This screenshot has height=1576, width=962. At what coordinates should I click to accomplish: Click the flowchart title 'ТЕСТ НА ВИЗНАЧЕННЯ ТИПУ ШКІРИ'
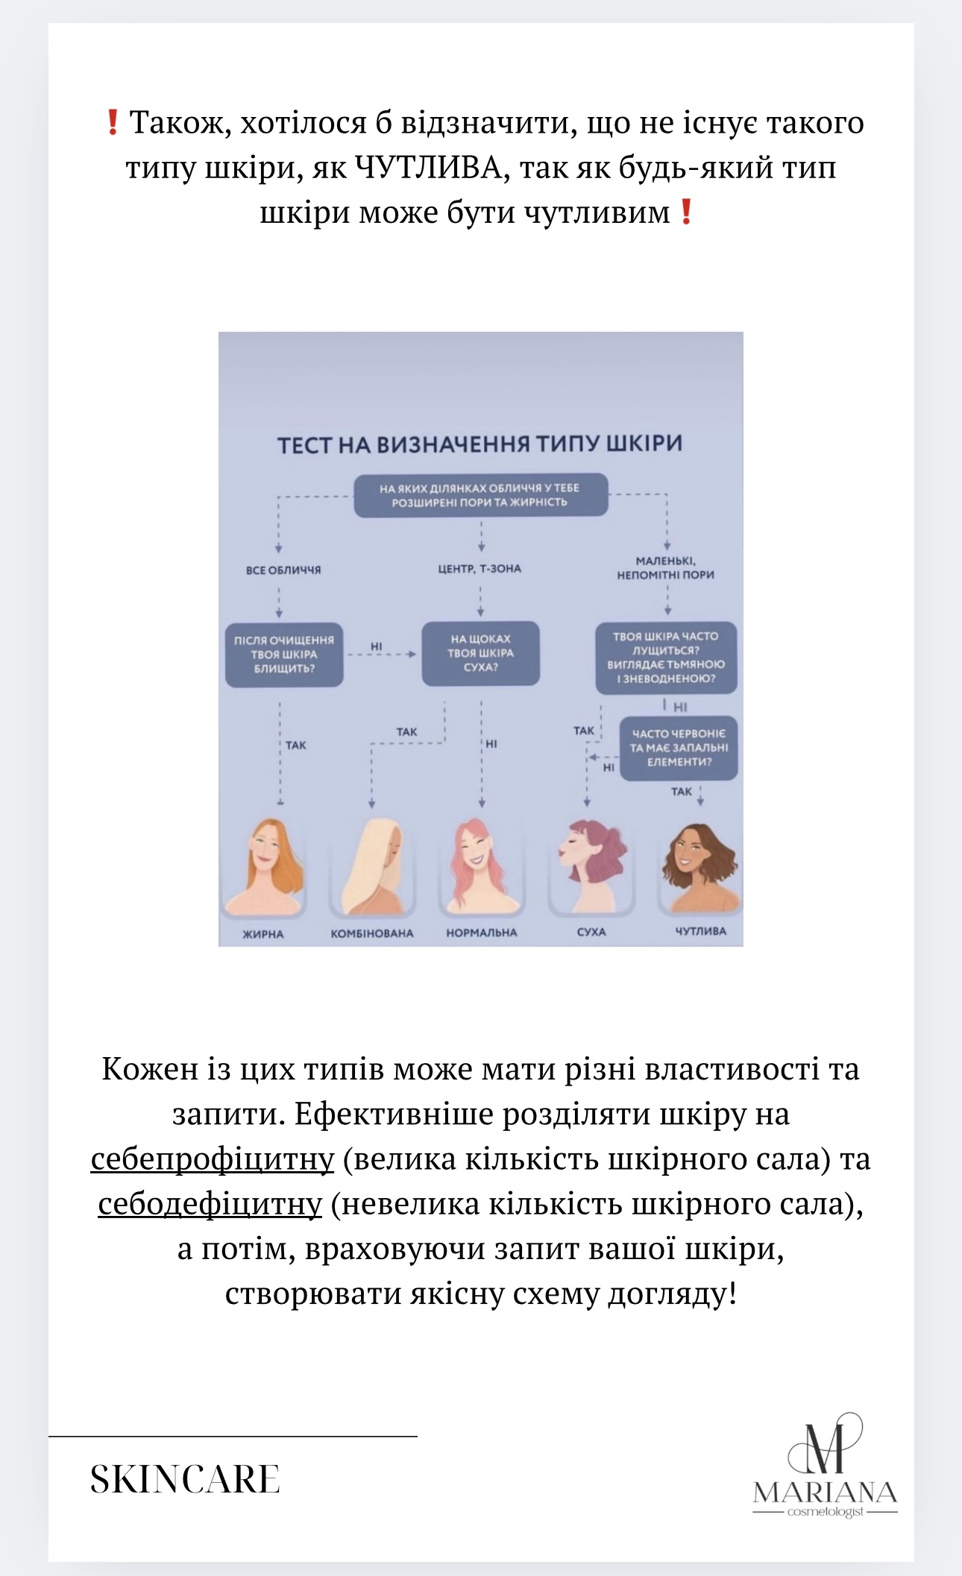[480, 444]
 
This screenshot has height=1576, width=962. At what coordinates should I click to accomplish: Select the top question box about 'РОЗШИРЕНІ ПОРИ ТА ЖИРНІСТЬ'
[480, 495]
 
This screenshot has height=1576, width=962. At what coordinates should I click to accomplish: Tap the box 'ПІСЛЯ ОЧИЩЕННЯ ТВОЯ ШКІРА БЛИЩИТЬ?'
[284, 655]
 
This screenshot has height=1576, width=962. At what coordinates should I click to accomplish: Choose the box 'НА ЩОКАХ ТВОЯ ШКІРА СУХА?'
[480, 653]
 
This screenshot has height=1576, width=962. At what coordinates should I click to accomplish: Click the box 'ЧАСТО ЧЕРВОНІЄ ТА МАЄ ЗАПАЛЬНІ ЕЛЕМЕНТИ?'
[679, 748]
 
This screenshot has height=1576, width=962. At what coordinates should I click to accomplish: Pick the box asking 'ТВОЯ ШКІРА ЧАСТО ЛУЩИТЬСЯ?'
[666, 657]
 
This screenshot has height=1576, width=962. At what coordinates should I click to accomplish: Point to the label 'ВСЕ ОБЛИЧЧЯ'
[283, 570]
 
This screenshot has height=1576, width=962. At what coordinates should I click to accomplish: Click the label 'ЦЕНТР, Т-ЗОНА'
[480, 569]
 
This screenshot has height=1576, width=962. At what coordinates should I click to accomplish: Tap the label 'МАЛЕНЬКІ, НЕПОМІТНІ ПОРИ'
[665, 568]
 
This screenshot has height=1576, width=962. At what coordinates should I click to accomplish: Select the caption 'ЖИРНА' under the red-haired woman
[263, 934]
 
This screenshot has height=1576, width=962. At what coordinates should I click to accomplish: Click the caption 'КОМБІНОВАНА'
[372, 933]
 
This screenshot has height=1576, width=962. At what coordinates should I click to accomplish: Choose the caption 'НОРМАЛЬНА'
[481, 933]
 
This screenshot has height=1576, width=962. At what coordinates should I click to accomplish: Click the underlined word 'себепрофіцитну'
[213, 1159]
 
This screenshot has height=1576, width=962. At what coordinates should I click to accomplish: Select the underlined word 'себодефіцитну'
[210, 1204]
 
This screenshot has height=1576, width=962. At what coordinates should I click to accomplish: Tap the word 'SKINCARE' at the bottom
[185, 1479]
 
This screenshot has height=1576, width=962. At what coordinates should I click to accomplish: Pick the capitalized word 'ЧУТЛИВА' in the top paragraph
[429, 168]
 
